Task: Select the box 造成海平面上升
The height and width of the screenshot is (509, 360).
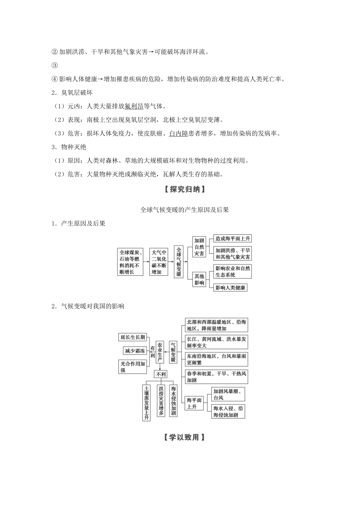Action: coord(232,239)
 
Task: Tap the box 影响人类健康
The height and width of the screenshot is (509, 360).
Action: coord(230,288)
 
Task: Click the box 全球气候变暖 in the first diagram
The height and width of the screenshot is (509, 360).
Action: coord(179,262)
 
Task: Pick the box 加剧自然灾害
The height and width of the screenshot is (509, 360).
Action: coord(199,247)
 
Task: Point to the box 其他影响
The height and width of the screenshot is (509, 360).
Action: coord(199,279)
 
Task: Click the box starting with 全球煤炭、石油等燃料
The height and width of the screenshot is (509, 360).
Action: coord(130,262)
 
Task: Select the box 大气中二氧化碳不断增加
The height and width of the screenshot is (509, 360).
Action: coord(159,262)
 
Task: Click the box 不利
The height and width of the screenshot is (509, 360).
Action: coord(160,374)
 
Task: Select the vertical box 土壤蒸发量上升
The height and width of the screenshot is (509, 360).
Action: coord(147,403)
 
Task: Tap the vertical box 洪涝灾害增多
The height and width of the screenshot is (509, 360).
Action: coord(161,401)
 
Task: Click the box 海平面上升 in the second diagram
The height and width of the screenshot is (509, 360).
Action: coord(194,403)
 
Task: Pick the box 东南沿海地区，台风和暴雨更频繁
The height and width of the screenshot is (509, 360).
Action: coord(216,359)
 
